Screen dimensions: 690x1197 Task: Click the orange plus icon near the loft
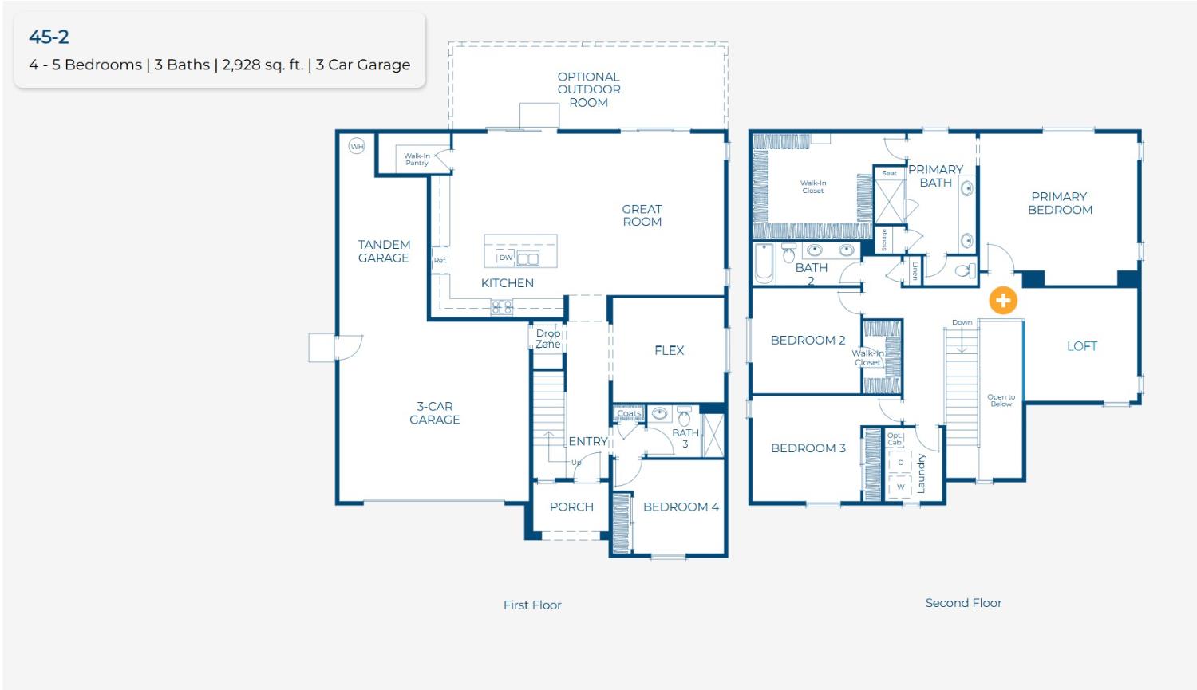coord(1003,301)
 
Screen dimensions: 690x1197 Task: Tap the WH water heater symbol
coord(357,146)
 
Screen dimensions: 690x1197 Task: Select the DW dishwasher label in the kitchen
coord(505,258)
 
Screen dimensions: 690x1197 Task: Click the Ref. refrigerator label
coord(440,261)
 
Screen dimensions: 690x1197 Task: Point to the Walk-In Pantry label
coord(417,160)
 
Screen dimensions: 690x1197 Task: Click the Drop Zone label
coord(547,339)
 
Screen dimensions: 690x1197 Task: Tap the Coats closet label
coord(629,413)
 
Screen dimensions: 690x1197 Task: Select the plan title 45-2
coord(49,37)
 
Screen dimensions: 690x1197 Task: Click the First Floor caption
coord(532,605)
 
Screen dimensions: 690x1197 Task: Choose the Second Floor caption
coord(963,603)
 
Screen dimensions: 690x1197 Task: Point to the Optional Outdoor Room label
coord(589,89)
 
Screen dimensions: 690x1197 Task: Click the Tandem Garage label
coord(384,251)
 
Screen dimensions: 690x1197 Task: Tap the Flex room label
coord(669,350)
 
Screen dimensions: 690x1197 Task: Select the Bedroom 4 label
coord(681,507)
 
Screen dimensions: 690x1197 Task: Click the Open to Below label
coord(1001,400)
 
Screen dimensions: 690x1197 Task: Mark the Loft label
coord(1081,346)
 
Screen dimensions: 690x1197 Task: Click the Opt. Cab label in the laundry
coord(895,439)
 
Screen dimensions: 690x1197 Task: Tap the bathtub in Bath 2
coord(764,264)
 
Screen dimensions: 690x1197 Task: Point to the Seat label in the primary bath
coord(889,173)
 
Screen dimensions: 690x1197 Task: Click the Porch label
coord(571,507)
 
